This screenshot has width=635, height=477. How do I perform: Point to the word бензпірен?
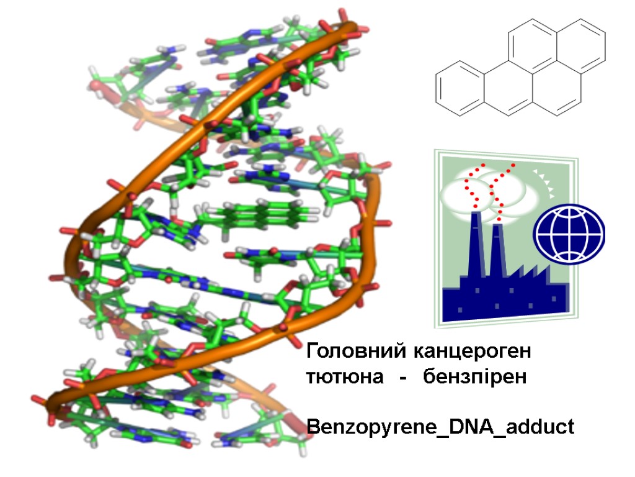[475, 378]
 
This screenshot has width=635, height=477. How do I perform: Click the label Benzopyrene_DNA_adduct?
[440, 427]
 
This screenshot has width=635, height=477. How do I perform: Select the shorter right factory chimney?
[497, 252]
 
